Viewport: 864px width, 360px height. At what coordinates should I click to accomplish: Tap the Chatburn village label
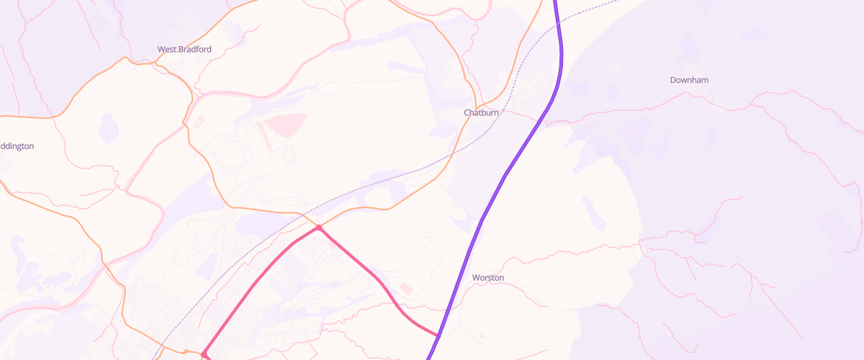point(481,113)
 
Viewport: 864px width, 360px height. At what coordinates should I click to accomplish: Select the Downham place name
point(689,80)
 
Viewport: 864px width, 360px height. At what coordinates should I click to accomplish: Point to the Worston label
point(488,277)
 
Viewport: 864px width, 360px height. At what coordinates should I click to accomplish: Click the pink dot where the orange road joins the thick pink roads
point(318,228)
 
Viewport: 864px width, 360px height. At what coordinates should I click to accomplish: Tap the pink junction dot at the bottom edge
point(204,354)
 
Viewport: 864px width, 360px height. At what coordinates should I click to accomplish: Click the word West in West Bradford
point(167,49)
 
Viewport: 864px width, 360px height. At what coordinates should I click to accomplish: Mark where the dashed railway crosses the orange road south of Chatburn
point(452,153)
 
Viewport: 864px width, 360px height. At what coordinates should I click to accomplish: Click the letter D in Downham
point(673,80)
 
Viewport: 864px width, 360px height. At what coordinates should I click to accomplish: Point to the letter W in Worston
point(476,277)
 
